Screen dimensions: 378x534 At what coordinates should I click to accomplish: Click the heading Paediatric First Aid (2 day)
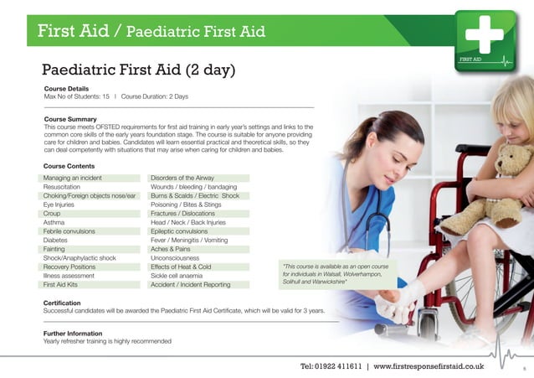coord(139,70)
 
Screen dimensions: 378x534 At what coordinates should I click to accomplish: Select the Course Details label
coord(66,89)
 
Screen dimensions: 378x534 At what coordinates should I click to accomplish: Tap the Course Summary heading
coord(70,120)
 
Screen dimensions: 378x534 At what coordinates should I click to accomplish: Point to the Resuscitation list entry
coord(64,187)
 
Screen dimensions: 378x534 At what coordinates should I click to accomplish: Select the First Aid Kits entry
coord(62,284)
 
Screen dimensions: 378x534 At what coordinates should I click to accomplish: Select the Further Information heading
coord(72,333)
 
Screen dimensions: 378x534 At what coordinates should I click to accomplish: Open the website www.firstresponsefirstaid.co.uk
coord(428,366)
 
